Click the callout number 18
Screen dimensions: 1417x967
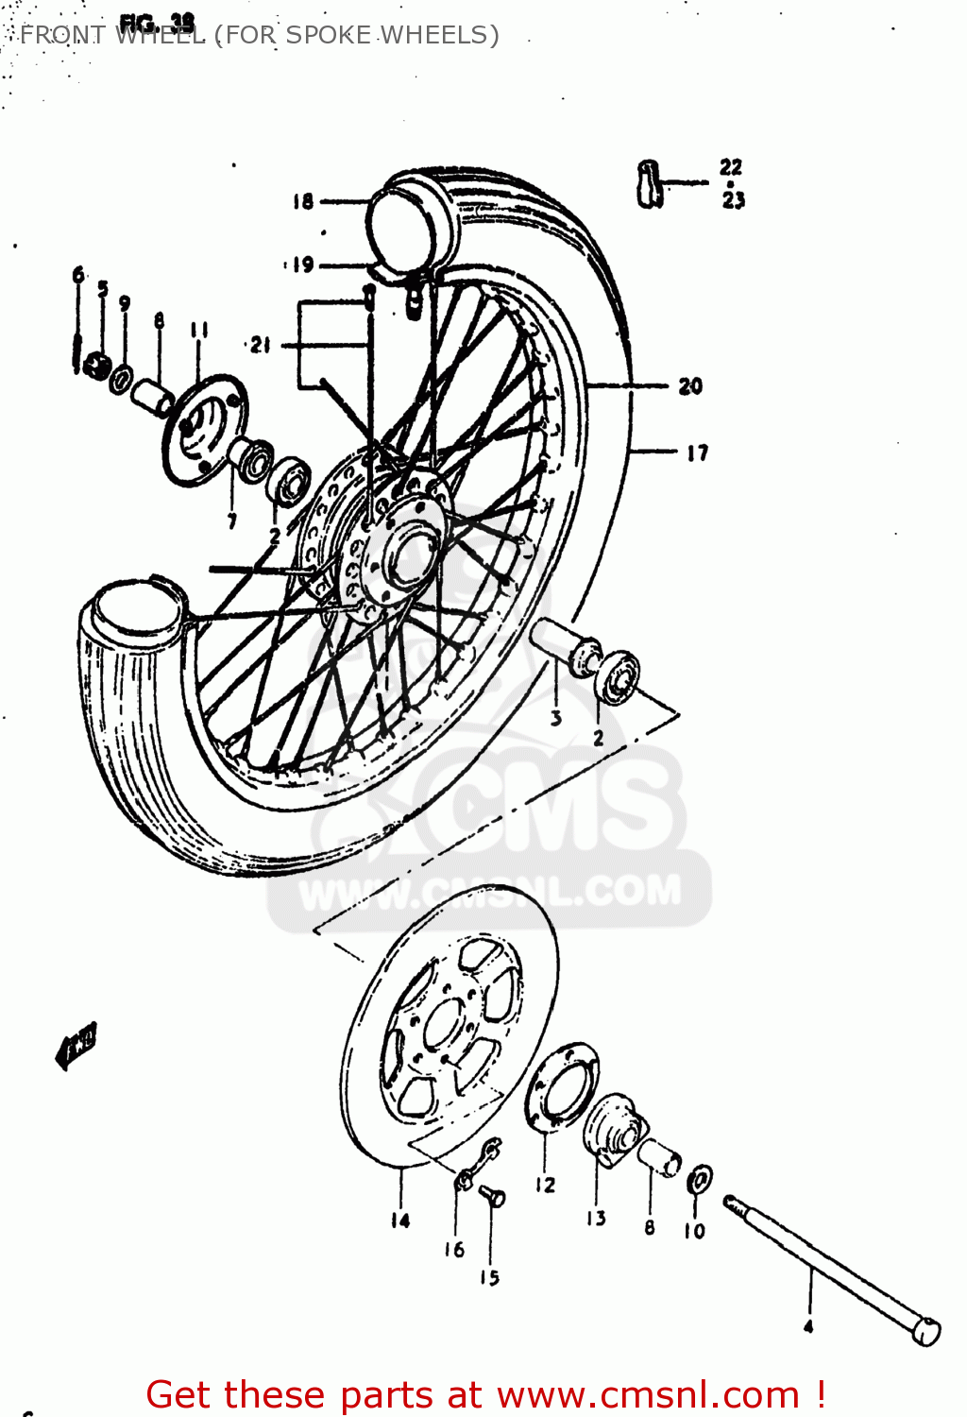(302, 201)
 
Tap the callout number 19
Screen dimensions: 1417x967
(302, 265)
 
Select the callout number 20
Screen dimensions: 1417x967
(690, 385)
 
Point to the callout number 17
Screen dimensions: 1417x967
(697, 453)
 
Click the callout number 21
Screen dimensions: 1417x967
(261, 346)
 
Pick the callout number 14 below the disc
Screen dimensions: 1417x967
(400, 1221)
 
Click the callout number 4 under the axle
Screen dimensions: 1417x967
(808, 1326)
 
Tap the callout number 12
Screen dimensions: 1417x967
(546, 1185)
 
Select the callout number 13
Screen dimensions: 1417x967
(596, 1219)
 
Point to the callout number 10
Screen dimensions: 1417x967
(694, 1231)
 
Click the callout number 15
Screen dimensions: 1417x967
(489, 1277)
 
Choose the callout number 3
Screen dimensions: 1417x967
(556, 718)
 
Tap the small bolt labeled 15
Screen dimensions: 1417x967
(492, 1196)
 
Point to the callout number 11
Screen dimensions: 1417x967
(198, 330)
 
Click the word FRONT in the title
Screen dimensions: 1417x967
(62, 35)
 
